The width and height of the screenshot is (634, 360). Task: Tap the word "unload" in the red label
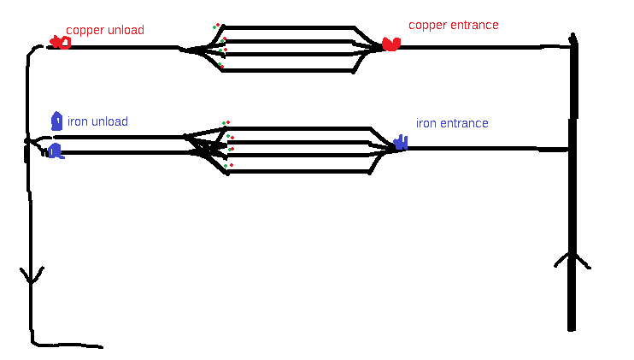point(125,30)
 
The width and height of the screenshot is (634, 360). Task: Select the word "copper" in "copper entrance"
point(427,26)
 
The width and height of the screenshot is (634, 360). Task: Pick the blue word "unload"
point(109,122)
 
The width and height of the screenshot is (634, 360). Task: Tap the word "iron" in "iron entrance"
point(426,123)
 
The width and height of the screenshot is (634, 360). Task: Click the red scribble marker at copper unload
point(60,42)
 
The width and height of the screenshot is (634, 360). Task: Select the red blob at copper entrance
point(390,44)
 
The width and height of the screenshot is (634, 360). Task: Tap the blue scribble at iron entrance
point(399,144)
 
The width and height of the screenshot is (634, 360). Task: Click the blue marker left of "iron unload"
point(56,121)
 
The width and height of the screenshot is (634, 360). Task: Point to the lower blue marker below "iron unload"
point(56,151)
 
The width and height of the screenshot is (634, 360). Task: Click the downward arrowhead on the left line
point(32,275)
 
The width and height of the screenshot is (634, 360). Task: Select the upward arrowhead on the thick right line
point(572,259)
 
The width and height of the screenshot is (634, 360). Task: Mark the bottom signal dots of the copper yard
point(220,64)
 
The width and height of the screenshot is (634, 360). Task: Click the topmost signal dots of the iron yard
point(226,123)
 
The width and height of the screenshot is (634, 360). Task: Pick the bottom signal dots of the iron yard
point(228,165)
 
